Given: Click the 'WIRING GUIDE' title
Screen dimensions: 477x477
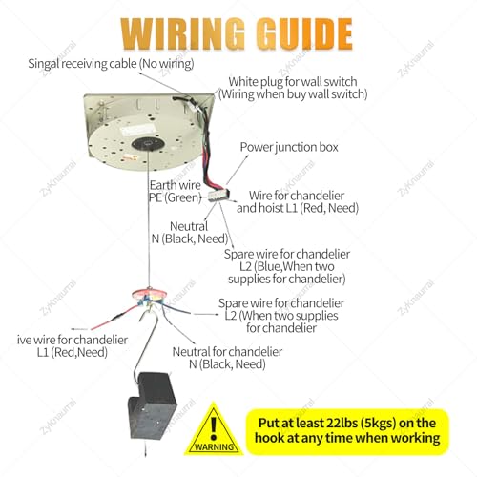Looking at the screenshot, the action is coord(237,34).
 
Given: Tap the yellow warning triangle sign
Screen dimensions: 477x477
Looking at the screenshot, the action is coord(214,428).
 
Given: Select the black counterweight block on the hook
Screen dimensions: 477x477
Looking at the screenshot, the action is coord(152,404).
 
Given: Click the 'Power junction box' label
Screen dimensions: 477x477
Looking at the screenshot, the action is coord(289,147).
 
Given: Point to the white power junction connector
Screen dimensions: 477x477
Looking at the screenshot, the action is coord(218,195).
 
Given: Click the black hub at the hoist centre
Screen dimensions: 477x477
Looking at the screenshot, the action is coord(148,145).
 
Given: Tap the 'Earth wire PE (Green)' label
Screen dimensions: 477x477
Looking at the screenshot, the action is coord(176,192).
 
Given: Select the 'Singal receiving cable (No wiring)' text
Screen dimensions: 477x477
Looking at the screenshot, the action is coord(111,64).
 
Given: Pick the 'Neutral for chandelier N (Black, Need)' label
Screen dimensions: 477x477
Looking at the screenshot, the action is coord(227,358).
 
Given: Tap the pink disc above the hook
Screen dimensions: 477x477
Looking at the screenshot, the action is coord(150,294).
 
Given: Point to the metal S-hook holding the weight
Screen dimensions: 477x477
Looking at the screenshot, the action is coord(145,343).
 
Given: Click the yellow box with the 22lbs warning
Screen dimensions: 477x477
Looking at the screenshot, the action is coord(347,431).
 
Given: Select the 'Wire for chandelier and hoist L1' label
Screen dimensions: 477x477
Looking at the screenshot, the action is coord(298,201).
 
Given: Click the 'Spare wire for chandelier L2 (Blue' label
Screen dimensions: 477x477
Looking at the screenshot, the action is coord(287,266).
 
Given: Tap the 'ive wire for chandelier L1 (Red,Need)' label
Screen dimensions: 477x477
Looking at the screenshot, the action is coord(73,346).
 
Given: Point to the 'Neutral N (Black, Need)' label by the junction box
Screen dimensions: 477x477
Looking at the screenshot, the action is coord(190,233).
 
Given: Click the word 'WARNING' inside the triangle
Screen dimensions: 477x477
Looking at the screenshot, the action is coord(214,446).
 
